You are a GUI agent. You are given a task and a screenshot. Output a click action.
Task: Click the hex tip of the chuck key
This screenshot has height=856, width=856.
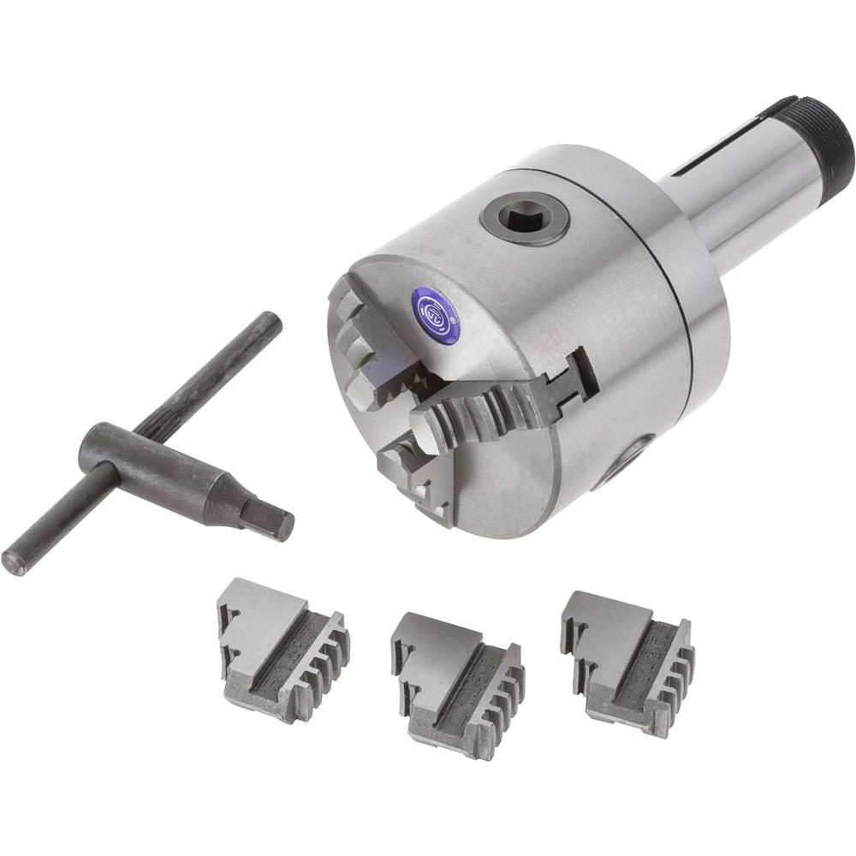268,520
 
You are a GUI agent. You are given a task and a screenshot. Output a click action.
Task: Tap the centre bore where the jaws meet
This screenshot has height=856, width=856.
402,402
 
